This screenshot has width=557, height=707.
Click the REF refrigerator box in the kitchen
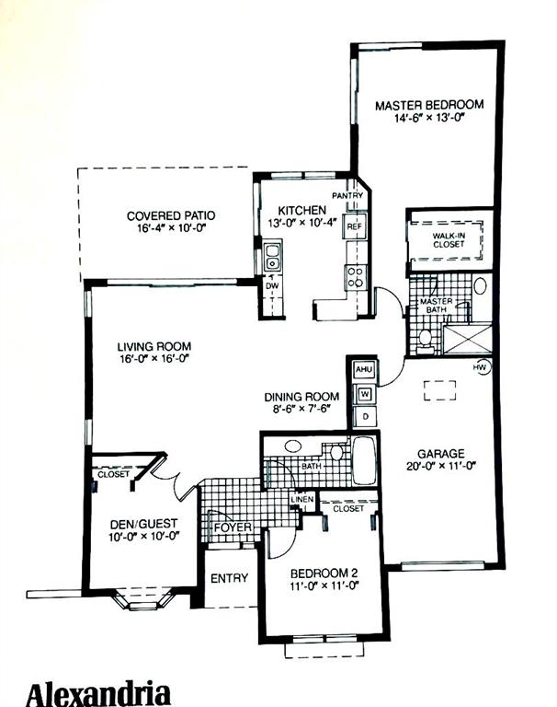[355, 226]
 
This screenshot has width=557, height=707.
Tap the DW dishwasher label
[272, 285]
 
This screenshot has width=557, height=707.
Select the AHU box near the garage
[364, 370]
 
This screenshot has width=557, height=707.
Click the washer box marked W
[365, 395]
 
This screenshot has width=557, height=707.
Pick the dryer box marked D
[365, 417]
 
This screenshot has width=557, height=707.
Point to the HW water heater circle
[481, 368]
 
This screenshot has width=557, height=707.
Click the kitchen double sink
[272, 257]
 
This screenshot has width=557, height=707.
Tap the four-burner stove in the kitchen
[356, 277]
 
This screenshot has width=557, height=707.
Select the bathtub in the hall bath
[364, 460]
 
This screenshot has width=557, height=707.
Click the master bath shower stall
[468, 338]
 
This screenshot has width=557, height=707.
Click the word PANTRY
[347, 196]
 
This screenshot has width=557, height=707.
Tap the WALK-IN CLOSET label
[449, 240]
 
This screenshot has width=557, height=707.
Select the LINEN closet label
[302, 500]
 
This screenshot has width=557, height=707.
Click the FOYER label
[233, 527]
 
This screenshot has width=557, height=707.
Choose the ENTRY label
[229, 578]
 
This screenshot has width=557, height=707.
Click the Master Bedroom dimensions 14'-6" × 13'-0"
[429, 118]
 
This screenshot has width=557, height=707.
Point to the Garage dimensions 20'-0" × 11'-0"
[441, 466]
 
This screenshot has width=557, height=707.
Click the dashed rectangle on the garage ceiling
[439, 390]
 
